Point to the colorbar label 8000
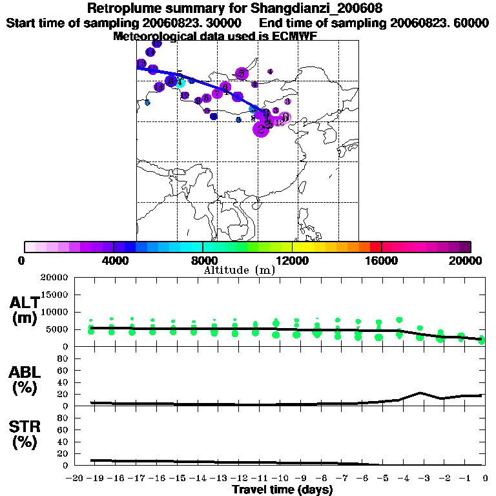pos(203,260)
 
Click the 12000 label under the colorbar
pos(292,260)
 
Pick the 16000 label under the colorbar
pos(382,260)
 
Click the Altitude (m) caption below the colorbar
pos(239,271)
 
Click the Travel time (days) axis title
pos(282,490)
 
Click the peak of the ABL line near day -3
pos(421,392)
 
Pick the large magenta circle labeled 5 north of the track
pos(242,74)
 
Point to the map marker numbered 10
pos(185,96)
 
